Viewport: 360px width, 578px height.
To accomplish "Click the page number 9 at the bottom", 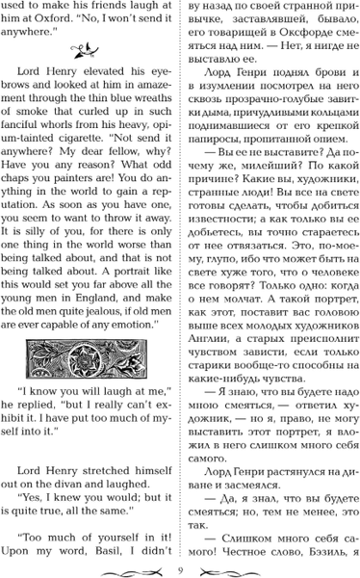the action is point(180,565).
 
